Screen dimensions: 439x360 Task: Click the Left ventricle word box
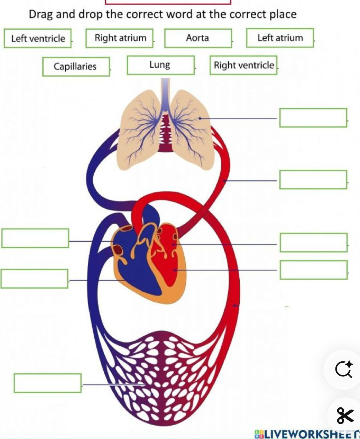(x=38, y=38)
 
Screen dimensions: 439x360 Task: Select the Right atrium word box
(x=119, y=38)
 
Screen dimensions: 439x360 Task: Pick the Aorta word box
(x=198, y=38)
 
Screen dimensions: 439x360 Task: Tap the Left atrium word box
(x=280, y=38)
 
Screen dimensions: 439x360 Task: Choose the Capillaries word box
(x=76, y=67)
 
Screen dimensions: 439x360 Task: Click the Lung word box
(x=161, y=65)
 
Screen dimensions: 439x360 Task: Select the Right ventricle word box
(x=243, y=65)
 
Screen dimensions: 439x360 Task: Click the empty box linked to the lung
(x=313, y=117)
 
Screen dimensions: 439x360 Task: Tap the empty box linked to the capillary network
(x=48, y=383)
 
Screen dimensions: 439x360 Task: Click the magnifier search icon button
(x=343, y=369)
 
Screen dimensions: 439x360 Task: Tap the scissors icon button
(x=345, y=415)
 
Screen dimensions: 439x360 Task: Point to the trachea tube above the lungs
(x=165, y=92)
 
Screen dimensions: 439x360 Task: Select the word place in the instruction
(x=283, y=14)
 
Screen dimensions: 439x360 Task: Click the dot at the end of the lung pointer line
(x=200, y=118)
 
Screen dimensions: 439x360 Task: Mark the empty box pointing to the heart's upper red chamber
(x=314, y=242)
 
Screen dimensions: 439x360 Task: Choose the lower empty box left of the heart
(x=34, y=279)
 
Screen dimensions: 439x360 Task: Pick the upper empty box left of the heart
(x=35, y=238)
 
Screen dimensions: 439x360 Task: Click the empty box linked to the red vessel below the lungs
(x=313, y=179)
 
